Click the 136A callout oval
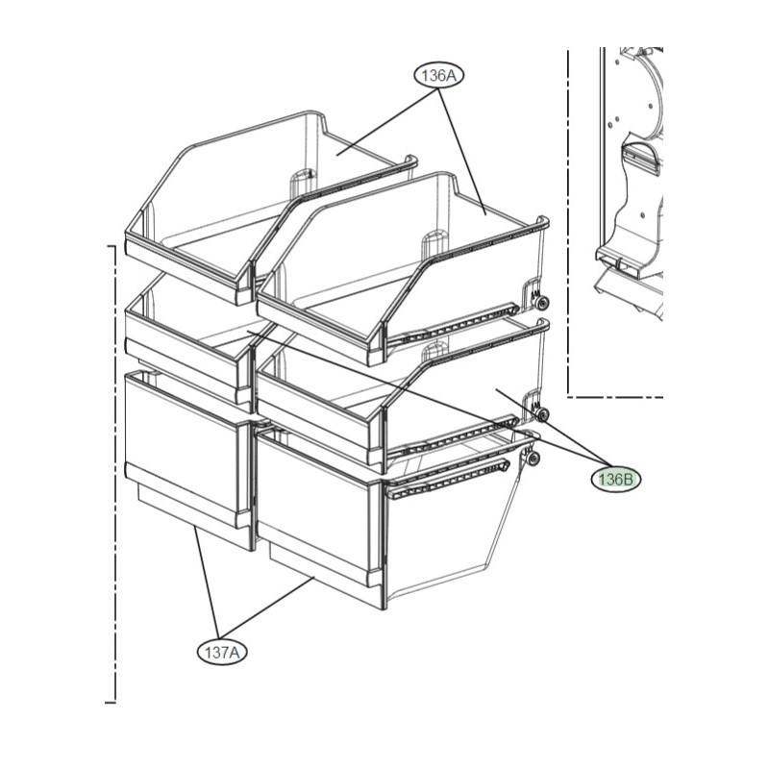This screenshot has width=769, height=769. pyautogui.click(x=439, y=76)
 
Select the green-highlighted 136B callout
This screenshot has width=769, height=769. pyautogui.click(x=616, y=479)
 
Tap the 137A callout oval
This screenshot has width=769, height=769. pyautogui.click(x=222, y=653)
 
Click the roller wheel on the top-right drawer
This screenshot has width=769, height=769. pyautogui.click(x=542, y=303)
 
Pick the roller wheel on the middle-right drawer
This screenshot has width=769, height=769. pyautogui.click(x=542, y=415)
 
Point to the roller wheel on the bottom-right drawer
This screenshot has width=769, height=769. pyautogui.click(x=533, y=459)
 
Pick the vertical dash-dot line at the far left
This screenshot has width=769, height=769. pyautogui.click(x=114, y=474)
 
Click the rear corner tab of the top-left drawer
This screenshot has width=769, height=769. pyautogui.click(x=410, y=161)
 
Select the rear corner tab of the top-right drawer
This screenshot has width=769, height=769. pyautogui.click(x=542, y=222)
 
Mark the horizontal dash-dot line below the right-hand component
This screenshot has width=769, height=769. pyautogui.click(x=615, y=396)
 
